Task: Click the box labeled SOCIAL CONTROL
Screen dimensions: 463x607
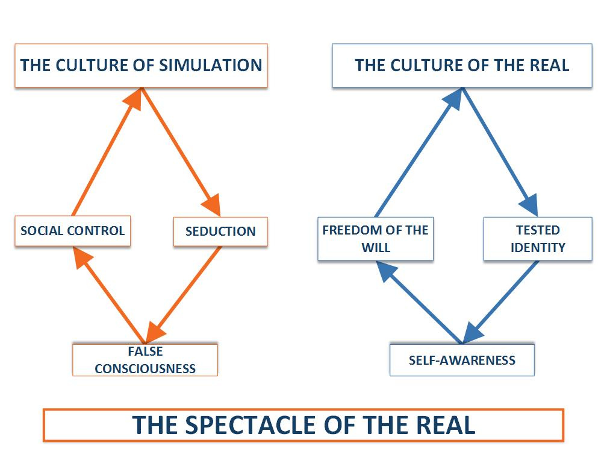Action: (x=72, y=230)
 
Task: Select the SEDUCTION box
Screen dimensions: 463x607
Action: (x=220, y=231)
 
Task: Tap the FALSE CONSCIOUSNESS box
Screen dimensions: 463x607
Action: (x=145, y=360)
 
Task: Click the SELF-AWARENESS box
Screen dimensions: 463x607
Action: (x=462, y=361)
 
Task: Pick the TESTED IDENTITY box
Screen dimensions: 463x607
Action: (x=538, y=239)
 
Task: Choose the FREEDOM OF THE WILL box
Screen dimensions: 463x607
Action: (x=375, y=239)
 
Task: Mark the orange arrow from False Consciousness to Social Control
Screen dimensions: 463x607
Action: (x=108, y=295)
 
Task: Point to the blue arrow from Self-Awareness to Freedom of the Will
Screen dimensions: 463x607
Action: (x=422, y=301)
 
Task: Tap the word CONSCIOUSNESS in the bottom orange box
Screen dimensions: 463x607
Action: (x=145, y=368)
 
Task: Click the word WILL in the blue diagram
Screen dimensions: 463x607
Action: (x=376, y=247)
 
